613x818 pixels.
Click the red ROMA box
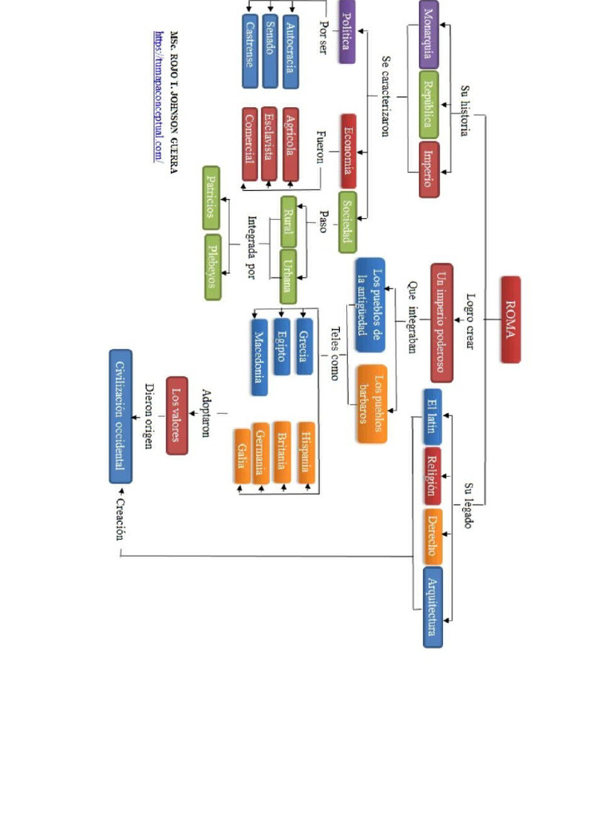(511, 320)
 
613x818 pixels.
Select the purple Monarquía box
(429, 34)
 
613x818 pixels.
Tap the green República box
(429, 105)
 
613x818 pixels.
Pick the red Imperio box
(429, 169)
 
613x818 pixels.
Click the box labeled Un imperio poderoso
(441, 323)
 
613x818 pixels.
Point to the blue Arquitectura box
(432, 606)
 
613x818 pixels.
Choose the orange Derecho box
(432, 536)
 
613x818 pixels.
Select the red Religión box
(432, 475)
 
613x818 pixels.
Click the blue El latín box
(432, 415)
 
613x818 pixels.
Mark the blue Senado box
(270, 51)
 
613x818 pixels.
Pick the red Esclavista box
(269, 143)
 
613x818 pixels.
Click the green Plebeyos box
(212, 268)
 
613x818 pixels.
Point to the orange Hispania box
(306, 451)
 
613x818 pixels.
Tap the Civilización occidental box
(121, 416)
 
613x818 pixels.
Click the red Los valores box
(177, 415)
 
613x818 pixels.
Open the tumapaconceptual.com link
(158, 97)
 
